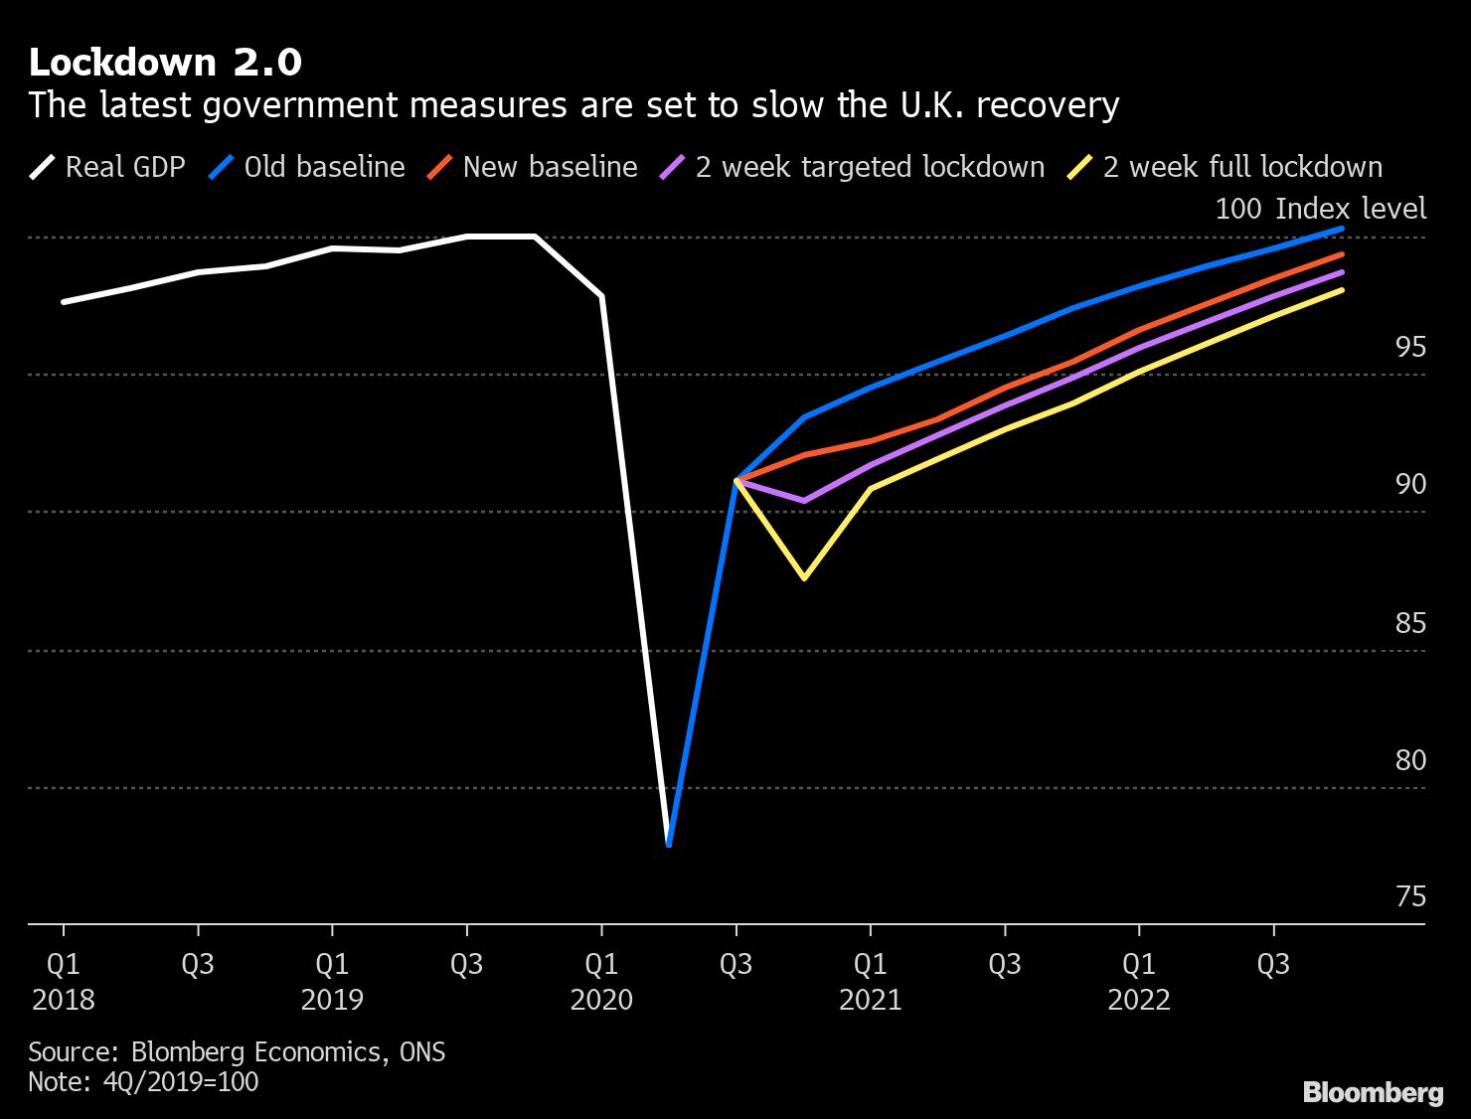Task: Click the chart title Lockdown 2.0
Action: (165, 63)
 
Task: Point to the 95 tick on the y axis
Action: (1410, 347)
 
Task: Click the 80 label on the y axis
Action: (1410, 760)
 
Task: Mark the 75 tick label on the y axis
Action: (1410, 897)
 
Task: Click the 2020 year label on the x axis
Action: (601, 999)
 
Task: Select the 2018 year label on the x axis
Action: (64, 999)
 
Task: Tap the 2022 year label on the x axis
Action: (1139, 999)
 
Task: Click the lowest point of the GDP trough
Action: (669, 845)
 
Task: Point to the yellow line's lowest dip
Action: (804, 577)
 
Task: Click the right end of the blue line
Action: (1342, 229)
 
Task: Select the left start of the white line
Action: (64, 301)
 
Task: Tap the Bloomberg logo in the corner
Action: (1373, 1092)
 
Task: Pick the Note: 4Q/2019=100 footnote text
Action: (143, 1081)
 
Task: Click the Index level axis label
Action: (1350, 209)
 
